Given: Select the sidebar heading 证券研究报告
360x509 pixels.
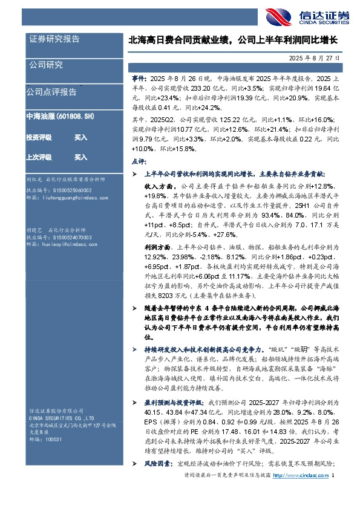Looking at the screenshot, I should coord(54,39).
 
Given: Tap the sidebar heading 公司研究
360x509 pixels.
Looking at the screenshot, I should coord(45,65).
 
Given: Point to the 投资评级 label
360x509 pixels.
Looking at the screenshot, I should coord(39,138).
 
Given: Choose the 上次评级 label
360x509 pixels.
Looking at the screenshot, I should coord(39,157).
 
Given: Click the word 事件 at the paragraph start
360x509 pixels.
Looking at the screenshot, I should coord(139,79).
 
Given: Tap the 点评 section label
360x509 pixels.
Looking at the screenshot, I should coord(137,161).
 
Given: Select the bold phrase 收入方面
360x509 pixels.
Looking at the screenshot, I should coord(156,187).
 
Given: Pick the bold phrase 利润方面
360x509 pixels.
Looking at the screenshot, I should coord(156,247).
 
